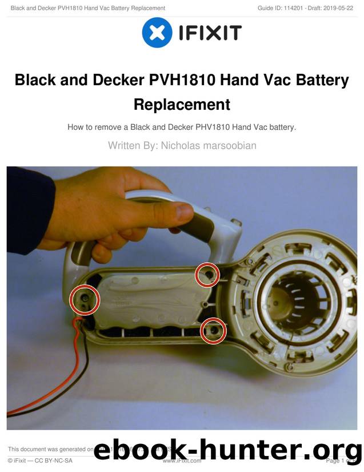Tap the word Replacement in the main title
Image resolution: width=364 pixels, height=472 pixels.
tap(182, 105)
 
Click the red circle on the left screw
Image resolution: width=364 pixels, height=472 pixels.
tap(85, 300)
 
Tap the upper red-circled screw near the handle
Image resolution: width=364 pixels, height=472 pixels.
tap(208, 275)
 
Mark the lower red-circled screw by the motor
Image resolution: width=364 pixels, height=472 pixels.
tap(213, 330)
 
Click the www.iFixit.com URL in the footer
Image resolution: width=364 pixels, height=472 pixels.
tap(182, 461)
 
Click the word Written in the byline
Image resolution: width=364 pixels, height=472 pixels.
tap(124, 145)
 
